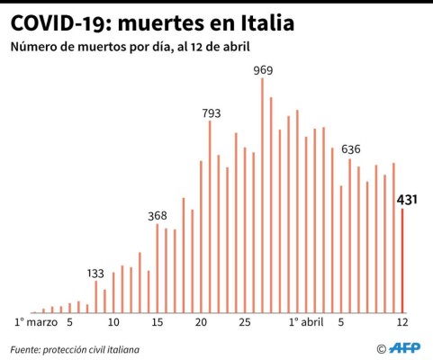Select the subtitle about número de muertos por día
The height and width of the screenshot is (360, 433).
[x=130, y=46]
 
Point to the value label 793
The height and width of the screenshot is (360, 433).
[x=210, y=113]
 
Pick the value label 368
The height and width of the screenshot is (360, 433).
[x=158, y=216]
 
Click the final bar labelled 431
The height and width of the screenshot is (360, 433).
[x=402, y=261]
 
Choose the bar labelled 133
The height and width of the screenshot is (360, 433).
[x=96, y=296]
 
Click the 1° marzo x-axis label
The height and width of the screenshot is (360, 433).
[x=37, y=321]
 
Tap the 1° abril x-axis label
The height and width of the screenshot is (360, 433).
[x=306, y=321]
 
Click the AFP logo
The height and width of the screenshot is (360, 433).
[x=400, y=348]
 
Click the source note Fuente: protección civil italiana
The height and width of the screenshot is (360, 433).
[x=76, y=348]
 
